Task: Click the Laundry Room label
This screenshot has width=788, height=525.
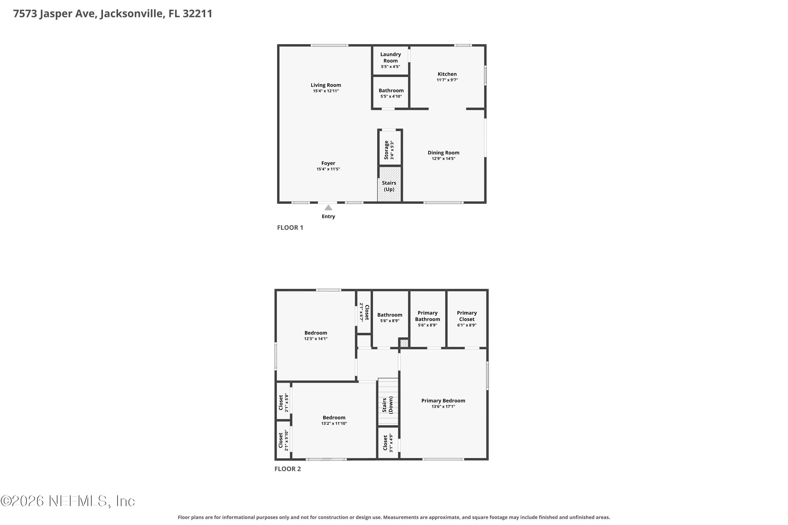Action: [x=390, y=57]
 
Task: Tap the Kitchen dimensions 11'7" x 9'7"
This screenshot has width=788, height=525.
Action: [x=447, y=80]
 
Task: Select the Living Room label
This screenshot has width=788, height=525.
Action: [x=326, y=85]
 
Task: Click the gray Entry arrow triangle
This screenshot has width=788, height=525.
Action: [x=328, y=208]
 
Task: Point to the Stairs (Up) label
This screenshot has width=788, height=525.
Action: [x=389, y=186]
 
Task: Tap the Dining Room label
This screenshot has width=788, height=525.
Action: [x=443, y=153]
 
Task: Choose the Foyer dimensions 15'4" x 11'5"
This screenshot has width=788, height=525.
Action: [x=328, y=169]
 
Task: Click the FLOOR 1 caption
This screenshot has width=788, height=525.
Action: [x=290, y=228]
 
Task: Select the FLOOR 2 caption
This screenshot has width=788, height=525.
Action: [x=288, y=469]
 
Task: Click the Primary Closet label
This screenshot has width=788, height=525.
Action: [x=467, y=316]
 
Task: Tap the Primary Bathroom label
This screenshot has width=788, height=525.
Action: [x=428, y=316]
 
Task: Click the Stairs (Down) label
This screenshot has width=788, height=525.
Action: [x=388, y=405]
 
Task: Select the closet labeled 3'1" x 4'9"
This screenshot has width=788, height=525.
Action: [x=388, y=443]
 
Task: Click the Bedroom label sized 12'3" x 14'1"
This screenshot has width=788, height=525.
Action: [x=316, y=333]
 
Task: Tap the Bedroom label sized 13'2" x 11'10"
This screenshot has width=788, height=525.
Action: [x=334, y=418]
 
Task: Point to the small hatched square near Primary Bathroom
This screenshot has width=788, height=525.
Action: [x=405, y=343]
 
